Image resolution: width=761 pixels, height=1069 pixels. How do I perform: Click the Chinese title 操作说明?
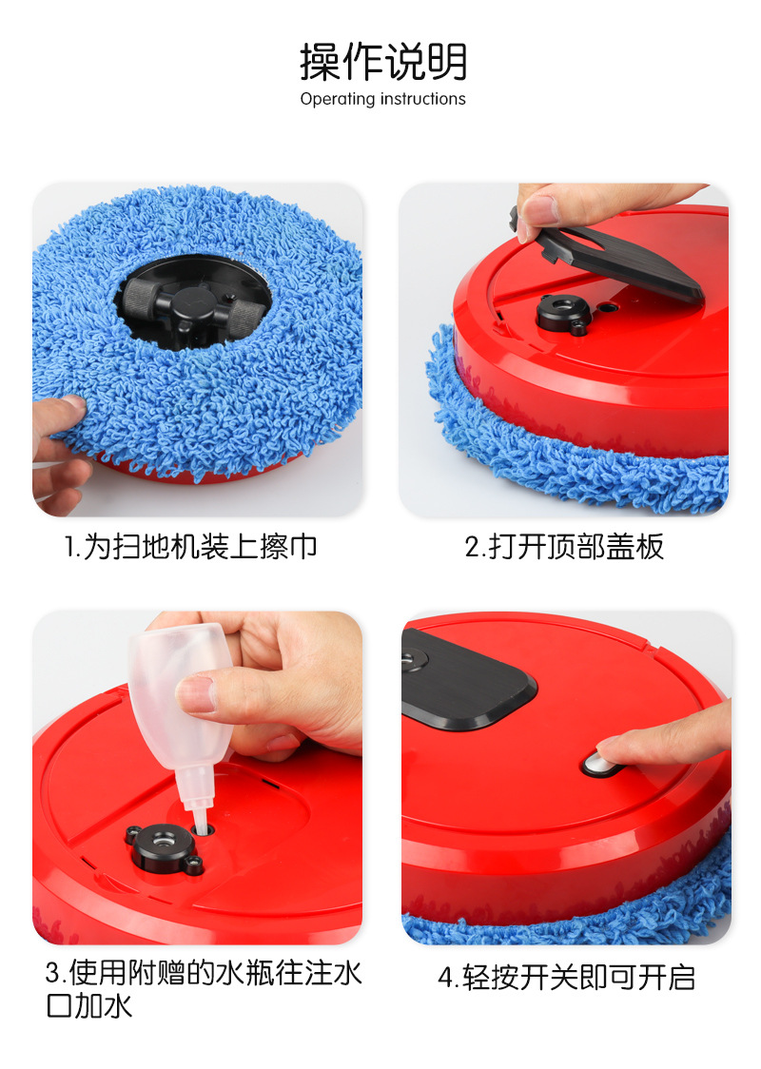(383, 62)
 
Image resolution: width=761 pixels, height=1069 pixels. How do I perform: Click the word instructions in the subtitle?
(423, 99)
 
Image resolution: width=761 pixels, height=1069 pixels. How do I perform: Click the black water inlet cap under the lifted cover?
(561, 313)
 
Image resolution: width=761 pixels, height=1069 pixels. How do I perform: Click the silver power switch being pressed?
(597, 761)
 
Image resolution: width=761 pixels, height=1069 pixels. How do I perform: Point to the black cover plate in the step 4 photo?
(466, 685)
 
